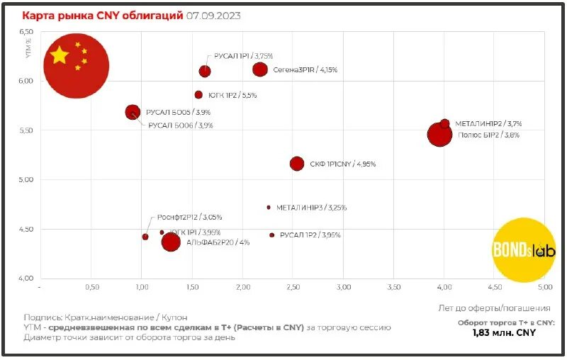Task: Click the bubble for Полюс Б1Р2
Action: pyautogui.click(x=439, y=135)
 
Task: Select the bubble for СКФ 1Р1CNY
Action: pyautogui.click(x=297, y=164)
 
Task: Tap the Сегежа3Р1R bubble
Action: pyautogui.click(x=260, y=69)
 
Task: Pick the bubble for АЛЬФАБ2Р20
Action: pyautogui.click(x=171, y=242)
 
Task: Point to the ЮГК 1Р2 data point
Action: pyautogui.click(x=198, y=95)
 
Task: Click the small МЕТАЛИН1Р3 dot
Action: pyautogui.click(x=269, y=208)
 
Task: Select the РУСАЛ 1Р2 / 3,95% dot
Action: pyautogui.click(x=271, y=235)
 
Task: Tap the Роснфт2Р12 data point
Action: pyautogui.click(x=145, y=237)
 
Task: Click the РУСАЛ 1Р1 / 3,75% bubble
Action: pyautogui.click(x=205, y=71)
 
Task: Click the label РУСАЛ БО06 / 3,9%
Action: pyautogui.click(x=180, y=125)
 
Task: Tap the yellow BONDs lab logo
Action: pyautogui.click(x=524, y=249)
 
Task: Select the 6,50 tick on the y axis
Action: pyautogui.click(x=26, y=32)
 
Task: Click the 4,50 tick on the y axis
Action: pyautogui.click(x=26, y=229)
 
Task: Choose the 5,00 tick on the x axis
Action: pyautogui.click(x=544, y=288)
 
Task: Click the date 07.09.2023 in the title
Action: pyautogui.click(x=213, y=16)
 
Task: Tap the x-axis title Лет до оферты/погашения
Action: pyautogui.click(x=495, y=308)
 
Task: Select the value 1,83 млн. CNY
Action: pyautogui.click(x=503, y=333)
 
